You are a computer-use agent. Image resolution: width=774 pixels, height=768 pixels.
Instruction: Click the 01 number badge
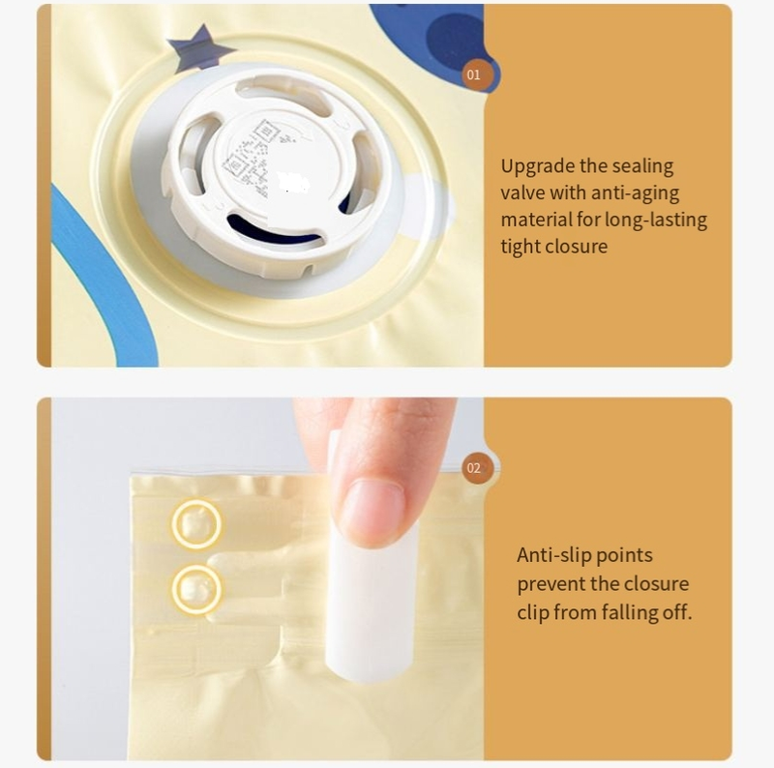click(x=473, y=74)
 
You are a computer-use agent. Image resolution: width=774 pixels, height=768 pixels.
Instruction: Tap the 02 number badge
click(x=473, y=468)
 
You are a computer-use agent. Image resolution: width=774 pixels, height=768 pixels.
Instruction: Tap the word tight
click(x=520, y=247)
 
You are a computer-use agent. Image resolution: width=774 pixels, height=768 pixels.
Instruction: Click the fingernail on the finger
click(x=372, y=512)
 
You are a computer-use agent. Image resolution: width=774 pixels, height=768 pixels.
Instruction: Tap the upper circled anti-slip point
click(x=196, y=524)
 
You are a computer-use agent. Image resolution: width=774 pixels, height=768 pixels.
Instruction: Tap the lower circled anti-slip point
click(x=196, y=589)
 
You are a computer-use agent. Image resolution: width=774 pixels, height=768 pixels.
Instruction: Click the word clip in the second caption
click(x=532, y=613)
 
